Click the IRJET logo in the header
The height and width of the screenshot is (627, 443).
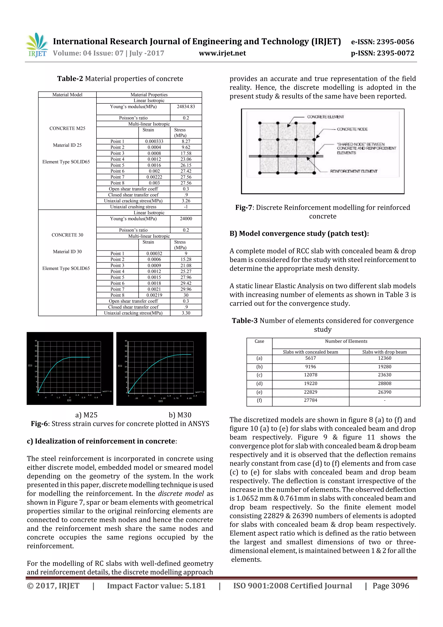point(37,45)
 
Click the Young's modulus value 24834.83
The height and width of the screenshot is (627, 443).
point(186,106)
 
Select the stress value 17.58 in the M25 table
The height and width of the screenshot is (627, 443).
point(186,153)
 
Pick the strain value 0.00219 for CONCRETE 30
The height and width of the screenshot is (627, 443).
point(154,295)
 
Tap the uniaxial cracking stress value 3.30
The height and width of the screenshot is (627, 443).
point(186,313)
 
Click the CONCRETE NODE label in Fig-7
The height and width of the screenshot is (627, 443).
point(352,129)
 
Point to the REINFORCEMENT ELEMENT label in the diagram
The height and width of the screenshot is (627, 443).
point(353,171)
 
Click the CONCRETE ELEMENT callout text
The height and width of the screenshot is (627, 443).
point(325,117)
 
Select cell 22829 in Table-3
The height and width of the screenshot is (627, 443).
point(310,392)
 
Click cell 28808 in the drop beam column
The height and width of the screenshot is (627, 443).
point(384,384)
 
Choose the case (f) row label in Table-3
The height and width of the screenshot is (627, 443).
point(259,400)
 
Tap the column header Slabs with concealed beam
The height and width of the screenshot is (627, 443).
point(310,352)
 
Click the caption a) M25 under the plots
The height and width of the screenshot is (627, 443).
point(86,415)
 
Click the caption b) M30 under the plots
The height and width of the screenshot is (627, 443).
point(180,415)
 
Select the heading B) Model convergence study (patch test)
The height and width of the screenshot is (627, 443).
point(299,234)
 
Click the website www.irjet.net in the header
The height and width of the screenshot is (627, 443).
point(222,53)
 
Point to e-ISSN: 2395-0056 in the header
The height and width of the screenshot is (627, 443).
point(382,42)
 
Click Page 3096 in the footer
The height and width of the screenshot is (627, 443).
point(391,586)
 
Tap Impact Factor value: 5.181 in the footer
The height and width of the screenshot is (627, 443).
point(156,586)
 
